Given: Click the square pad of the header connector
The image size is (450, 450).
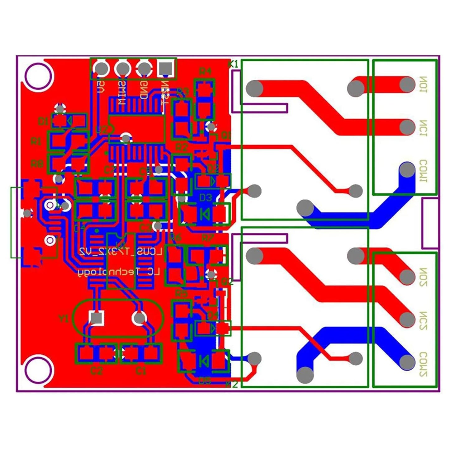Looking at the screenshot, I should [165, 68].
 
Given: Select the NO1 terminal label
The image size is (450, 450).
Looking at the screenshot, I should [423, 84].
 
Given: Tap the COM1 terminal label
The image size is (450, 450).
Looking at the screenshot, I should [423, 171].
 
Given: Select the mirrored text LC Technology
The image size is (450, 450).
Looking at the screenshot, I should [119, 272].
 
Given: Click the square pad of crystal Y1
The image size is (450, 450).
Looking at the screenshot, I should [96, 318].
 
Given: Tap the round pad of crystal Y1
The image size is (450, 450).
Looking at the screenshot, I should [139, 318].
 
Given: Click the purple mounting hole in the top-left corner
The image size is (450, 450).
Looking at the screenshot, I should [38, 76].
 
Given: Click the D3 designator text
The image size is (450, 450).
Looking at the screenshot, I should [205, 197].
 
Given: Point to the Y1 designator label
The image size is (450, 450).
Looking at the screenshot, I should [64, 319].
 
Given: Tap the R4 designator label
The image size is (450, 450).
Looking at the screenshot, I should [205, 71].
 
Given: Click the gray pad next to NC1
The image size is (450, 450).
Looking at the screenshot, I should [407, 127].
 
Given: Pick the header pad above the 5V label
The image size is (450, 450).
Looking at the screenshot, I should [101, 68].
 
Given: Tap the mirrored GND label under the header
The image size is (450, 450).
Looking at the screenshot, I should [144, 91].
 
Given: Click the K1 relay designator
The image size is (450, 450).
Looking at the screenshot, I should [233, 64].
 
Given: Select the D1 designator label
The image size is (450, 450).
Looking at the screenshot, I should [43, 121].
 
